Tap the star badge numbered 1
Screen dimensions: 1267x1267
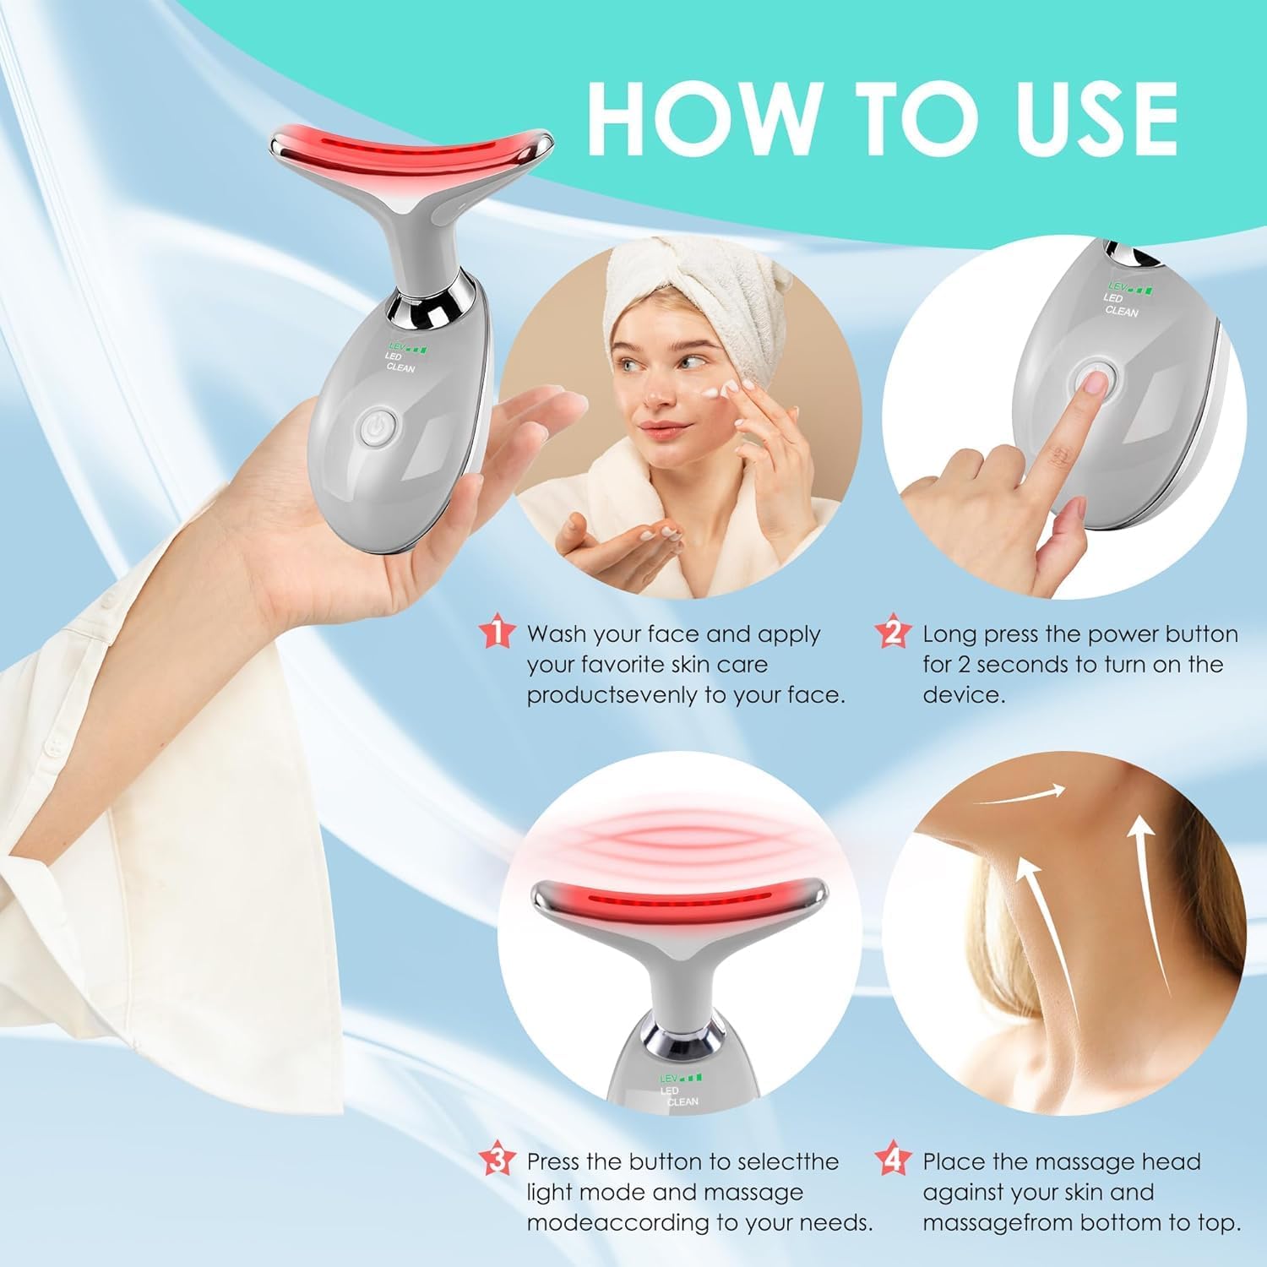pyautogui.click(x=497, y=633)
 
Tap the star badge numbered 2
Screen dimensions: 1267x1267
pyautogui.click(x=892, y=633)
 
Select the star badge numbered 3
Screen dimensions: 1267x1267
pyautogui.click(x=497, y=1161)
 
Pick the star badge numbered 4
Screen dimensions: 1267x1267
pyautogui.click(x=892, y=1161)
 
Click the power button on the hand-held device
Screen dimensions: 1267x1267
pyautogui.click(x=374, y=427)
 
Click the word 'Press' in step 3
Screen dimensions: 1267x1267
pyautogui.click(x=554, y=1161)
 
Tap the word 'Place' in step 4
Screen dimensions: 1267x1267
pyautogui.click(x=951, y=1161)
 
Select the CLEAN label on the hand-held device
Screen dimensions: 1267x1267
pyautogui.click(x=400, y=367)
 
